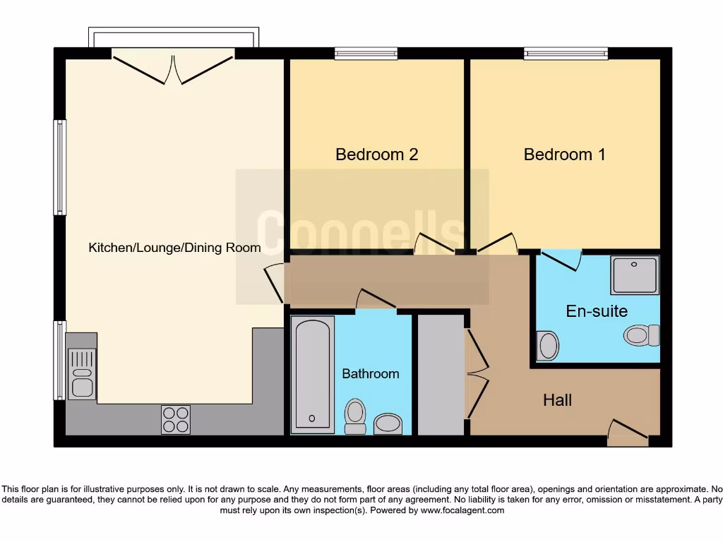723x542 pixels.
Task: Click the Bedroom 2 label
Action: (x=376, y=155)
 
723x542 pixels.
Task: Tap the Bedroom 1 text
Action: (x=564, y=155)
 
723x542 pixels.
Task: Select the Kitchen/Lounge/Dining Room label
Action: (x=174, y=248)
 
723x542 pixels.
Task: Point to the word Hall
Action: (x=557, y=401)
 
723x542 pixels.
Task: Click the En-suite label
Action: (x=597, y=311)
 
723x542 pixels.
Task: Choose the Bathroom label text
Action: (x=370, y=374)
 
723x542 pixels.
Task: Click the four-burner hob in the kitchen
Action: (x=175, y=419)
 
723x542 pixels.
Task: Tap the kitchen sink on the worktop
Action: (x=82, y=374)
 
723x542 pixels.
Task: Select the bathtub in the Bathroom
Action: (x=312, y=374)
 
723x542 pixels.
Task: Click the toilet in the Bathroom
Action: (x=355, y=416)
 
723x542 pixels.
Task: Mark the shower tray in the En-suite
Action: (x=635, y=275)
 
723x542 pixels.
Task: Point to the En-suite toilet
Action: (x=641, y=335)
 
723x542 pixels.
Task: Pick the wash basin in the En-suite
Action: (x=547, y=346)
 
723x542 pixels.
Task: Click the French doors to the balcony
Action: (x=174, y=68)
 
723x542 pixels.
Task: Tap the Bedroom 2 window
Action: (x=366, y=53)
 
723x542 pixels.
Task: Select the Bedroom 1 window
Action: (x=566, y=53)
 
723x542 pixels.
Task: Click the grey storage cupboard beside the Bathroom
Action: (x=441, y=375)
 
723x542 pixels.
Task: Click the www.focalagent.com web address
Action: (x=462, y=510)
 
